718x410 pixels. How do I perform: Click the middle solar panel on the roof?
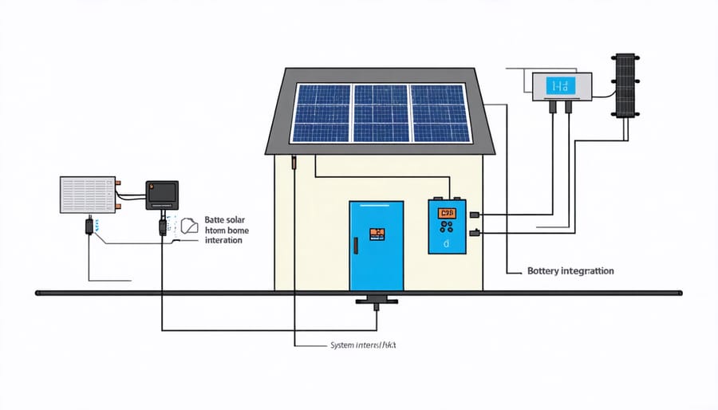(381, 113)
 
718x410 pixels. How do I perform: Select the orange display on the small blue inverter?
(447, 213)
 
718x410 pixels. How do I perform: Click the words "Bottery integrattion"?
(570, 271)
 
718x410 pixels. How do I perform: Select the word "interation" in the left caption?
(223, 240)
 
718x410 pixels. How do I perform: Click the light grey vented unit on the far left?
(87, 194)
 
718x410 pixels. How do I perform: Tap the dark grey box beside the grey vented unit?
(162, 195)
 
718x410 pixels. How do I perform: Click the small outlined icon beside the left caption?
(189, 226)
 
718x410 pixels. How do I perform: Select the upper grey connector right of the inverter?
(476, 214)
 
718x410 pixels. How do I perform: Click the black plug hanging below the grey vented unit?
(88, 227)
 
